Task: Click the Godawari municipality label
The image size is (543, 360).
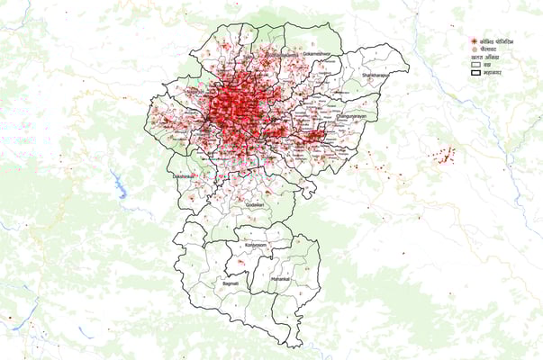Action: [x=255, y=205]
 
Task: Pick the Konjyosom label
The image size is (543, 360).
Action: [x=256, y=245]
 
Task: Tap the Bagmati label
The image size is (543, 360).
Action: [x=231, y=283]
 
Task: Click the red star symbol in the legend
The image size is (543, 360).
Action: [x=473, y=41]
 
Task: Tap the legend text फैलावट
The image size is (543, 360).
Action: [x=488, y=50]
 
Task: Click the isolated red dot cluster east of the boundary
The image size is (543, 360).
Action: [x=442, y=157]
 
